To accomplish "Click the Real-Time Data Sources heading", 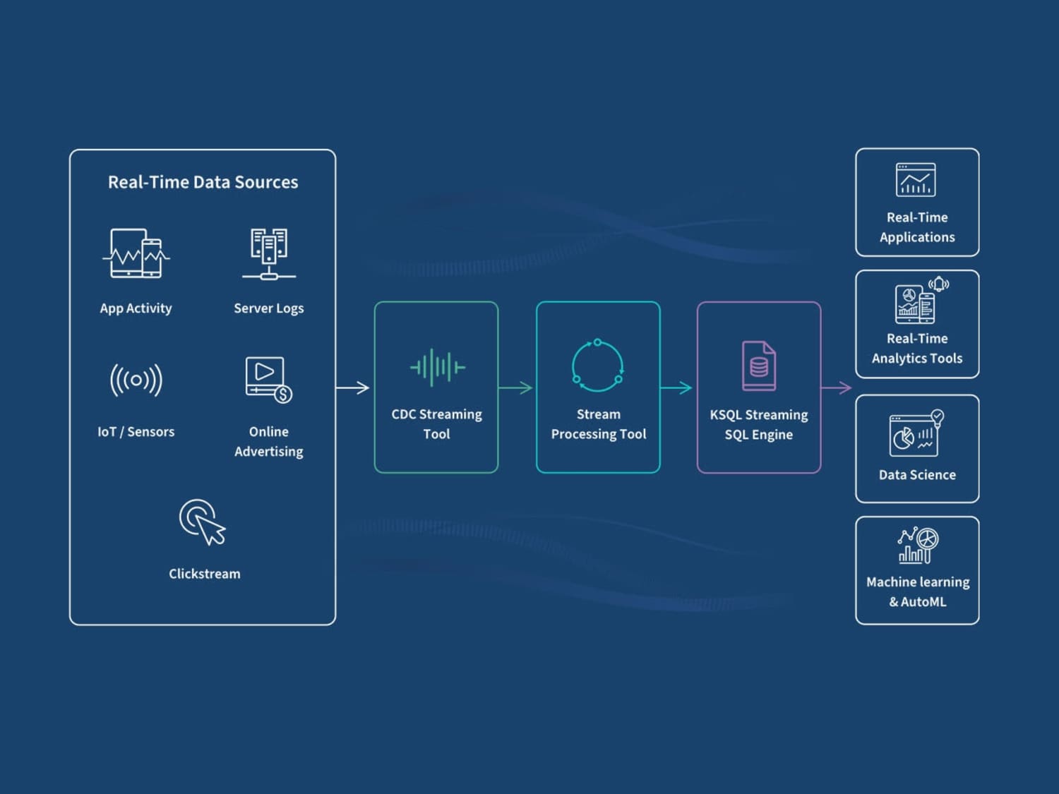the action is click(x=203, y=182).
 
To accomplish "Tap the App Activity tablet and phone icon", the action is click(x=136, y=253).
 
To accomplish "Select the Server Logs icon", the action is click(x=269, y=254).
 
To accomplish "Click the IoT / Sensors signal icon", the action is click(x=136, y=380).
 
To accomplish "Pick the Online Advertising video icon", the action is click(x=268, y=380).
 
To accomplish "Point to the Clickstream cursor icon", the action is click(x=202, y=522).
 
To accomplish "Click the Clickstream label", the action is click(x=204, y=574).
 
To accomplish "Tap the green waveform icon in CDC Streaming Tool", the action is click(x=438, y=367).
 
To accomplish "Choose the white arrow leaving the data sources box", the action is click(x=353, y=387).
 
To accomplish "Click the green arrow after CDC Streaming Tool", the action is click(x=516, y=387).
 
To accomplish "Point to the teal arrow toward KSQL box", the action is click(x=676, y=387).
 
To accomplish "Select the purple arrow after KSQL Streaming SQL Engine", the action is click(x=837, y=387).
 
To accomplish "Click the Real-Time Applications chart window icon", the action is click(x=915, y=180).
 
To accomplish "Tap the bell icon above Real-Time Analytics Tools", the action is click(x=939, y=284).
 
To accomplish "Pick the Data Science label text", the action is click(x=917, y=475).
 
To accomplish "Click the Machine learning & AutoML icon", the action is click(x=918, y=546).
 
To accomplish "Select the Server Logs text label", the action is click(x=269, y=308).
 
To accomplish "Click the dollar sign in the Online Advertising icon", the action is click(x=283, y=395).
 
